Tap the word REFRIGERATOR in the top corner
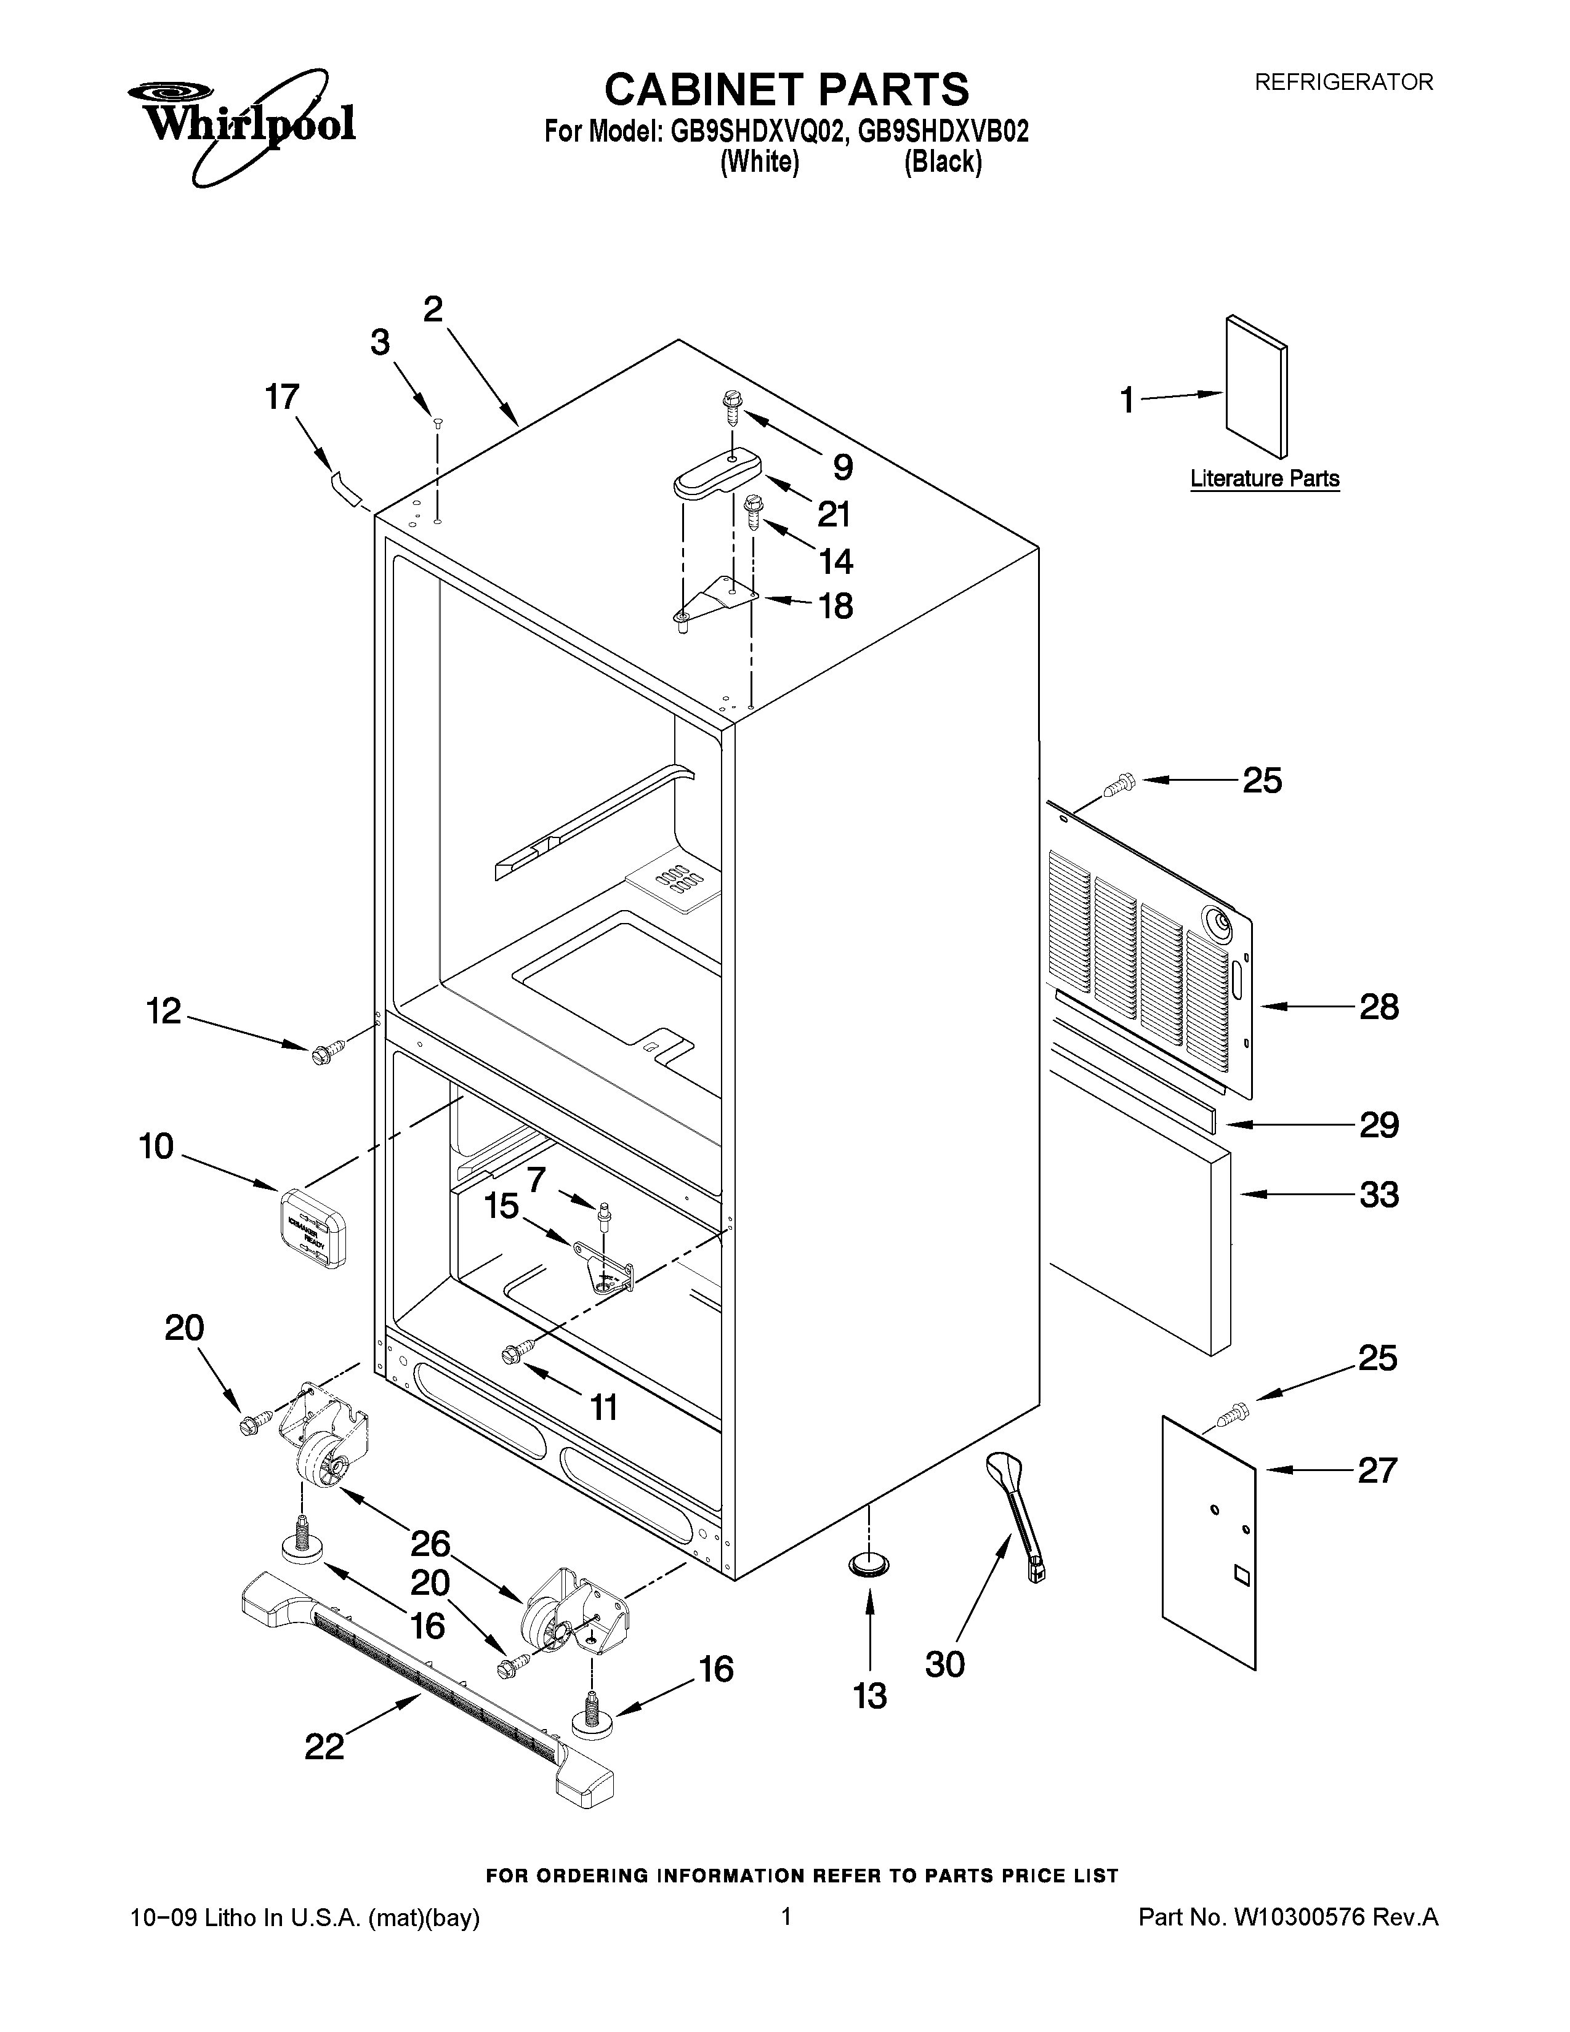click(x=1344, y=82)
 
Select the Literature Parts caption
click(x=1265, y=478)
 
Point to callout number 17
click(x=282, y=397)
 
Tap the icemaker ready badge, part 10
click(x=313, y=1227)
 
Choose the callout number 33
click(x=1379, y=1194)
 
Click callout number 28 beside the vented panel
click(x=1379, y=1007)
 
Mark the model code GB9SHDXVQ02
click(x=758, y=131)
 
